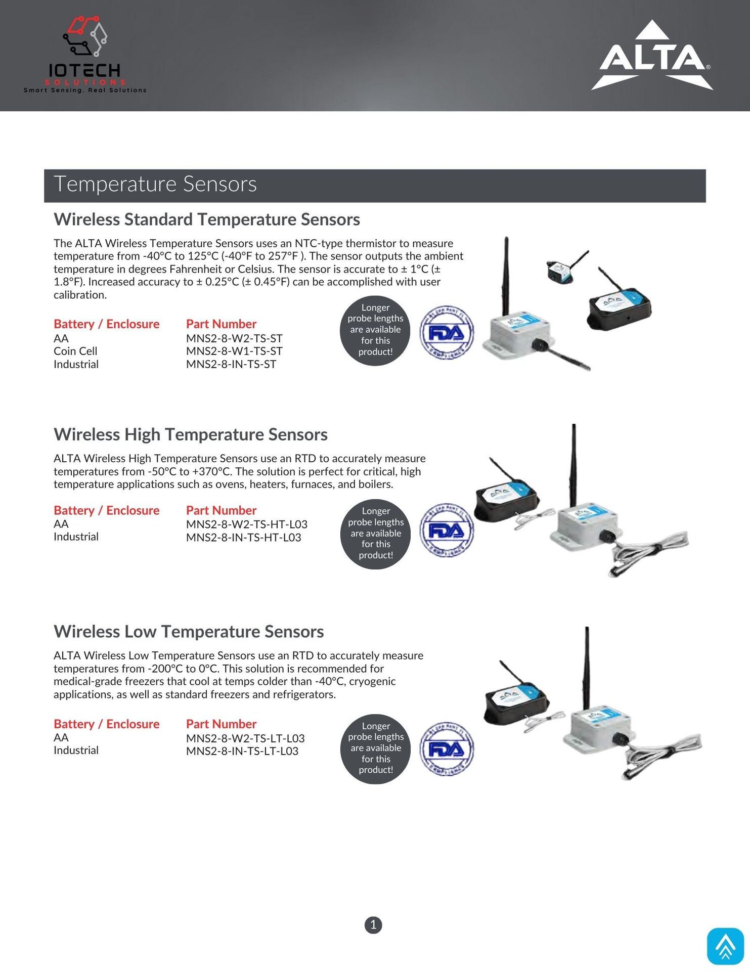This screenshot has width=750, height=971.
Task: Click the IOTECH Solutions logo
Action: pos(85,55)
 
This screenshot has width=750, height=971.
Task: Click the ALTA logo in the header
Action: pos(652,56)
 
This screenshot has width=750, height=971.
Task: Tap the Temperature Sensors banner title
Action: pos(155,184)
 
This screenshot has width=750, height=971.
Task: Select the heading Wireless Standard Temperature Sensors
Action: pos(207,219)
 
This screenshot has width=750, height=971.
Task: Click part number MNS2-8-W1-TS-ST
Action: pos(234,351)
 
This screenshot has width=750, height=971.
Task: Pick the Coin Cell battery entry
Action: pos(75,351)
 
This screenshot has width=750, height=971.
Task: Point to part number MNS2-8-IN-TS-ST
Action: pos(231,364)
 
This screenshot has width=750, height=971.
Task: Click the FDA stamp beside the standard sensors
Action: pos(447,332)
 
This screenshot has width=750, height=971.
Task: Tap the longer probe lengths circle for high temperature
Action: pos(375,533)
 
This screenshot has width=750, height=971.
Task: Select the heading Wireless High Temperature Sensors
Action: pos(191,434)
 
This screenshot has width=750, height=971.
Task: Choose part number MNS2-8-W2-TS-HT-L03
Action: pos(247,524)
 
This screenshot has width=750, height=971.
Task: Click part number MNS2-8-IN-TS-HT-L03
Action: pos(243,538)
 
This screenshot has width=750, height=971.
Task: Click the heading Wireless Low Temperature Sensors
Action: pos(189,632)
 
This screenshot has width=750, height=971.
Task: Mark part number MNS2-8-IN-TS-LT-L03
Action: pos(242,751)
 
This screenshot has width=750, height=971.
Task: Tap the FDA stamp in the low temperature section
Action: pos(447,749)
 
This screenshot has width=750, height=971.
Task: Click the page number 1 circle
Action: pos(373,925)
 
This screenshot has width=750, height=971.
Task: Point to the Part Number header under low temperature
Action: pos(221,724)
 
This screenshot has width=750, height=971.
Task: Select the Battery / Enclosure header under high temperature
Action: pos(106,510)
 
